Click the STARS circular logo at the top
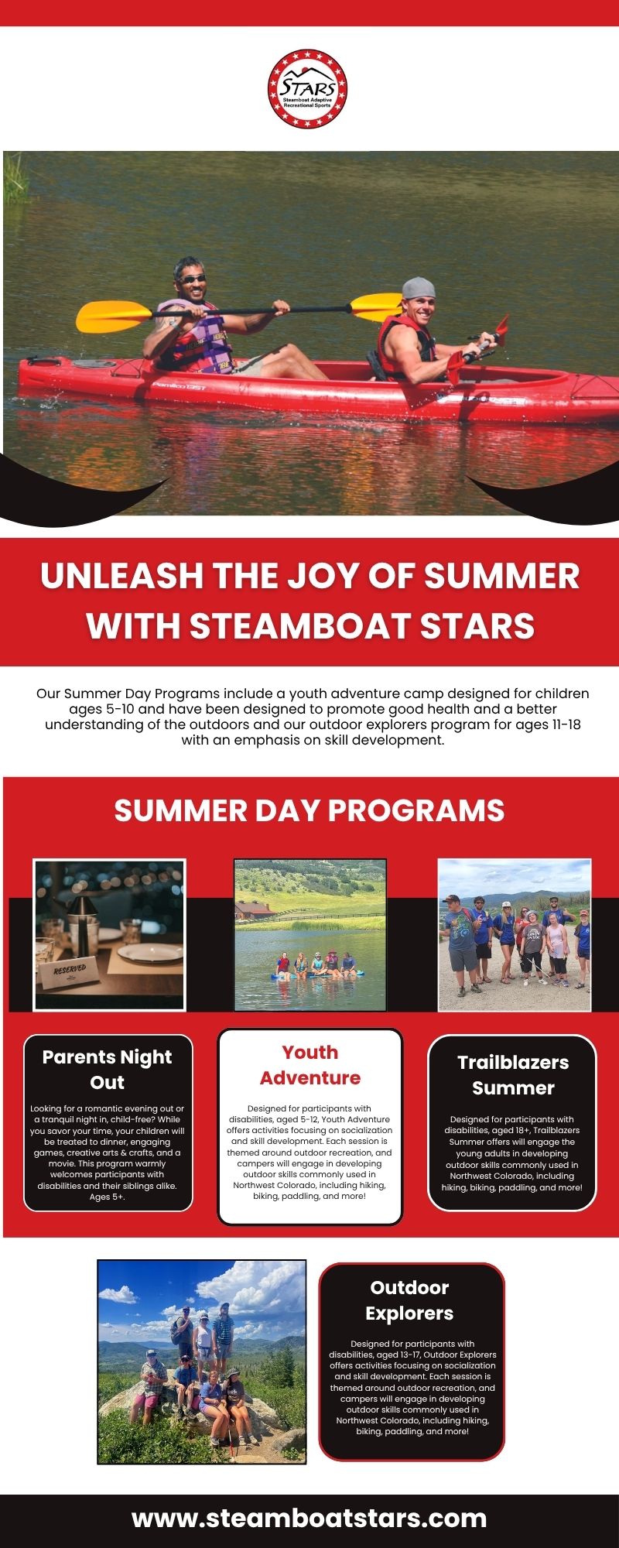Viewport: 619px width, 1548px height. click(308, 89)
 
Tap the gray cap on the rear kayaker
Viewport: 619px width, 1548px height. click(417, 288)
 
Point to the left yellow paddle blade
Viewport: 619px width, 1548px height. click(113, 315)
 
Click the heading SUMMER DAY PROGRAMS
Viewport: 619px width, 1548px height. click(309, 810)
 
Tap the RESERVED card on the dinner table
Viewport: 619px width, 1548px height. click(70, 971)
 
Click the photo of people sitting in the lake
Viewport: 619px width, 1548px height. click(310, 934)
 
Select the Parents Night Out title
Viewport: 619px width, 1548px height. click(108, 1069)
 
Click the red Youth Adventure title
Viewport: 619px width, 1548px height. click(310, 1065)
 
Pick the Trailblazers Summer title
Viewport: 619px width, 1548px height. click(513, 1075)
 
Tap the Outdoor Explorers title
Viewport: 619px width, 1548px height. click(410, 1300)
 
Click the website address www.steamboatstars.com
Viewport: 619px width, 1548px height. click(309, 1518)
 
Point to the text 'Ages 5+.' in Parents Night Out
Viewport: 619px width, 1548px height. click(108, 1197)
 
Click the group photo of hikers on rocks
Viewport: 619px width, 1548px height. click(202, 1361)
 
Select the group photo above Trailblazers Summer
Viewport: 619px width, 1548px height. click(515, 934)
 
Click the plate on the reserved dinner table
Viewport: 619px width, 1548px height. click(150, 951)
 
